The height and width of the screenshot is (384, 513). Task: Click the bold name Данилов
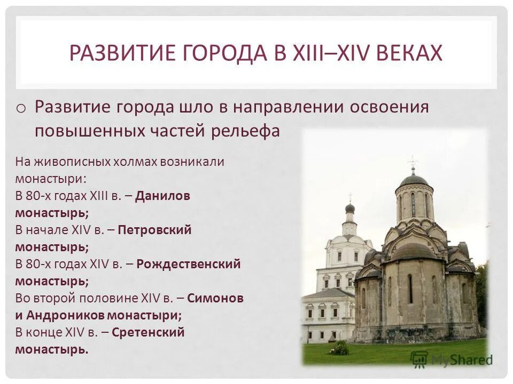(x=163, y=196)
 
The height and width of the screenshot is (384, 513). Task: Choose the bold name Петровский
(x=154, y=230)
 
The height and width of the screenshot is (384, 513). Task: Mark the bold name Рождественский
(x=189, y=264)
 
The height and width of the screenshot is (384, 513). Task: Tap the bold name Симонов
(x=216, y=298)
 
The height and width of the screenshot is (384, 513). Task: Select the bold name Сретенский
(x=149, y=332)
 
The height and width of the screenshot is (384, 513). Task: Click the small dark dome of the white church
(x=349, y=207)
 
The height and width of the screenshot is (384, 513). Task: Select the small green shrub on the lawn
(x=340, y=348)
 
